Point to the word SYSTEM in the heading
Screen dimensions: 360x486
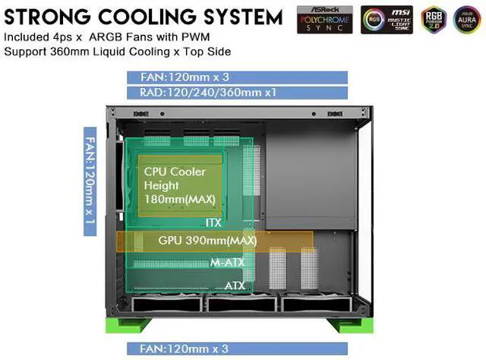pos(244,15)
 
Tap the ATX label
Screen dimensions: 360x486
pos(234,286)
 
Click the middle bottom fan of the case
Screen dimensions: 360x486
pos(241,305)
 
